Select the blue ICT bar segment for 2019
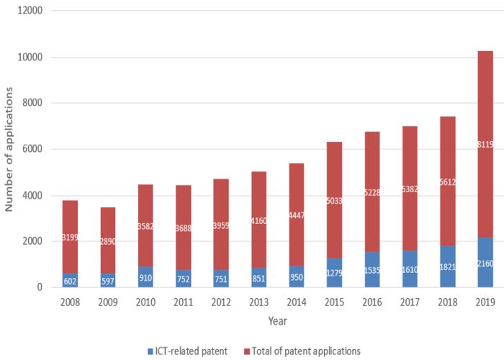point(485,268)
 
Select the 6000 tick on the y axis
point(32,149)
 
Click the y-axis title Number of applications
point(9,148)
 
